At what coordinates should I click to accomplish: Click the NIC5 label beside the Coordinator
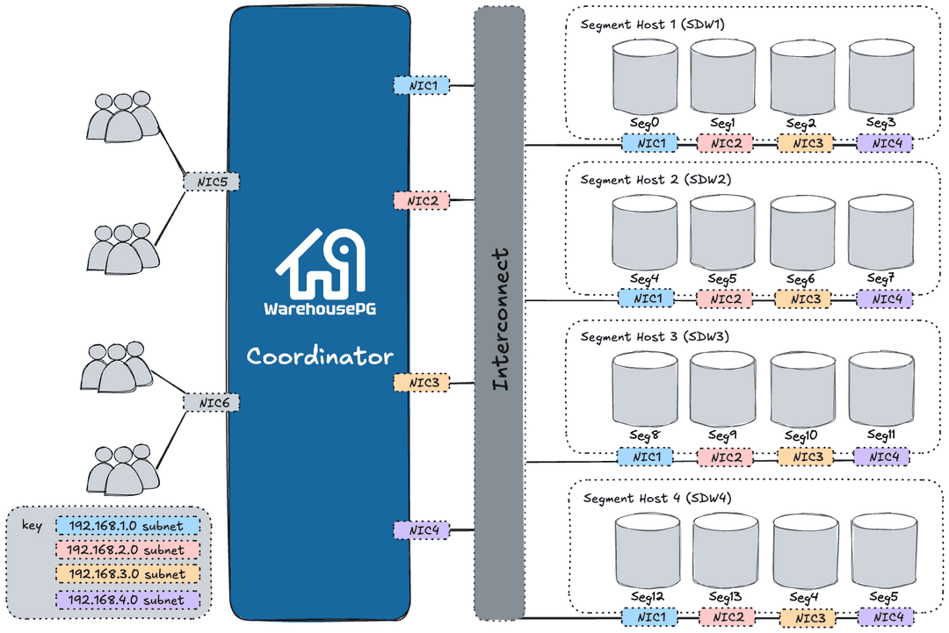212,183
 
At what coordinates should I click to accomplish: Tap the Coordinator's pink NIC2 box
421,200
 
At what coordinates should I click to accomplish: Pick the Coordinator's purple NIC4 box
422,530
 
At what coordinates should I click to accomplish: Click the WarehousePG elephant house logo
322,263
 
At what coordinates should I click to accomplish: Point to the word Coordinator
320,356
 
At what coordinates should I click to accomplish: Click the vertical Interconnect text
499,319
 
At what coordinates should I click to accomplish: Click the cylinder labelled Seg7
880,232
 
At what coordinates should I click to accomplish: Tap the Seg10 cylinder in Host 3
802,390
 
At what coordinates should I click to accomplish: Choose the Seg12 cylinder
648,550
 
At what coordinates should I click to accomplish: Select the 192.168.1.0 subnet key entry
127,527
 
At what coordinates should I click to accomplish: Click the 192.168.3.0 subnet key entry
127,574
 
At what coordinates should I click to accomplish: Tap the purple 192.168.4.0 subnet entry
127,600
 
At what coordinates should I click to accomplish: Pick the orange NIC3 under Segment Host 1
805,143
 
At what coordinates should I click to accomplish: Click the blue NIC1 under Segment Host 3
646,457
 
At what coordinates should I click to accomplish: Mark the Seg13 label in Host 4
725,597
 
